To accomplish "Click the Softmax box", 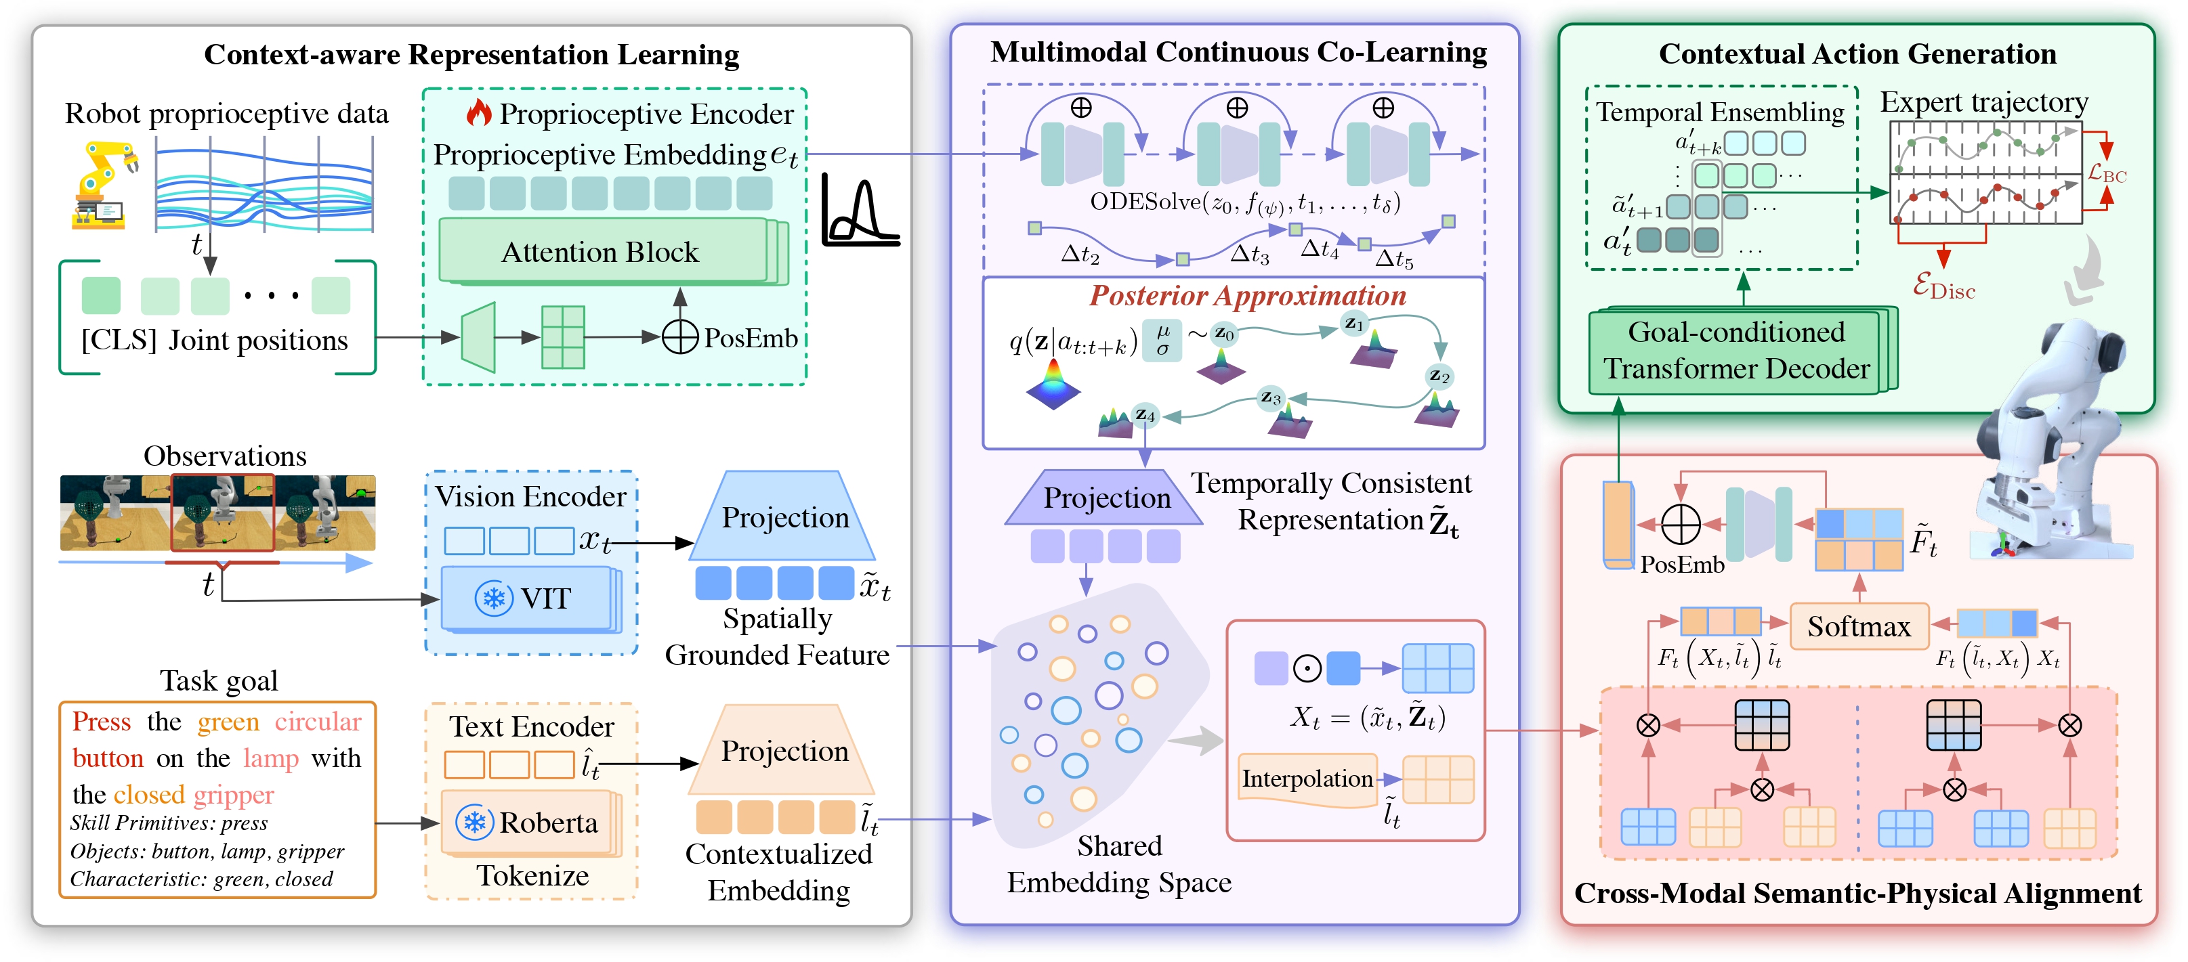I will tap(1858, 627).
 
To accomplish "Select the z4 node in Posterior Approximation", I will tap(1145, 414).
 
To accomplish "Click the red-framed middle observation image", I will tap(223, 513).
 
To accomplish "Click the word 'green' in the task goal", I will tap(228, 722).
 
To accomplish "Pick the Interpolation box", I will tap(1306, 779).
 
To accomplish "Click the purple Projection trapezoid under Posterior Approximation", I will tap(1106, 498).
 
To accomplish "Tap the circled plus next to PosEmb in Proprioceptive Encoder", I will tap(679, 337).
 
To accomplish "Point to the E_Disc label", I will tap(1943, 287).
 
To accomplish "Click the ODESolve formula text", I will tap(1244, 204).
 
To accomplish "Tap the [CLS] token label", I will tap(119, 341).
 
